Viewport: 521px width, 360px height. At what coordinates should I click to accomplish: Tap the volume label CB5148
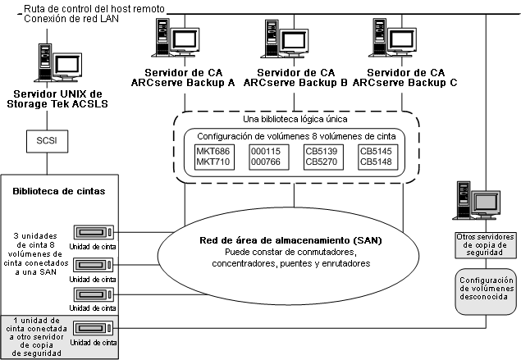click(x=377, y=162)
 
